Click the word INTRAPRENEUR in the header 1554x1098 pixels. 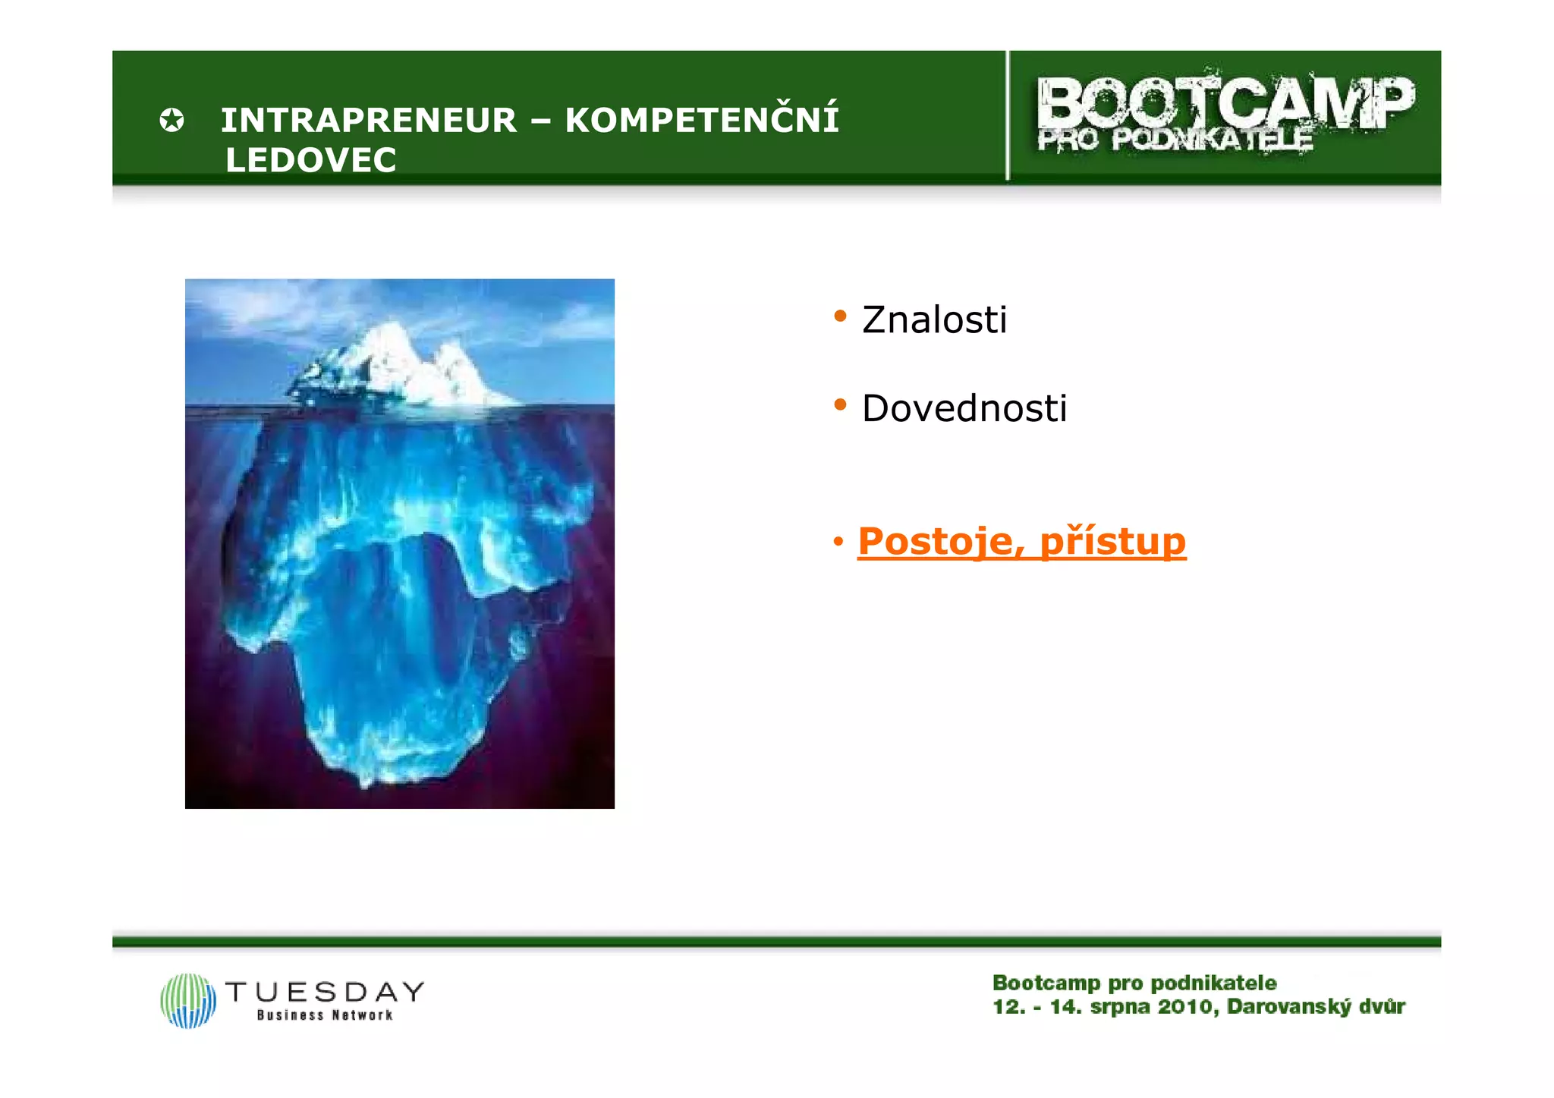point(368,121)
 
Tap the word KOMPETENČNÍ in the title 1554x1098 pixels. point(702,120)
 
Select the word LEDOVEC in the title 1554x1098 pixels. point(311,160)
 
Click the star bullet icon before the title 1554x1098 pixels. point(171,121)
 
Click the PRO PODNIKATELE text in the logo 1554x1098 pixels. point(1175,140)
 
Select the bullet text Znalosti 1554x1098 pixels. point(934,319)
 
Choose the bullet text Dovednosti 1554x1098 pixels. point(964,408)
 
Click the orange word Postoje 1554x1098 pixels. point(936,541)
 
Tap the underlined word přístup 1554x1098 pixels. point(1112,541)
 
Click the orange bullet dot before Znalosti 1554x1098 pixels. point(840,316)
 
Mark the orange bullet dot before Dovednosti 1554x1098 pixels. point(840,404)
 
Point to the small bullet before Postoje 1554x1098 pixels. point(838,542)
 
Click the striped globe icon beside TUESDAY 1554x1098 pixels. point(188,1001)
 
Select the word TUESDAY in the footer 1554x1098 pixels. point(325,991)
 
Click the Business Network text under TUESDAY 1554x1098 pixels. point(325,1015)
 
